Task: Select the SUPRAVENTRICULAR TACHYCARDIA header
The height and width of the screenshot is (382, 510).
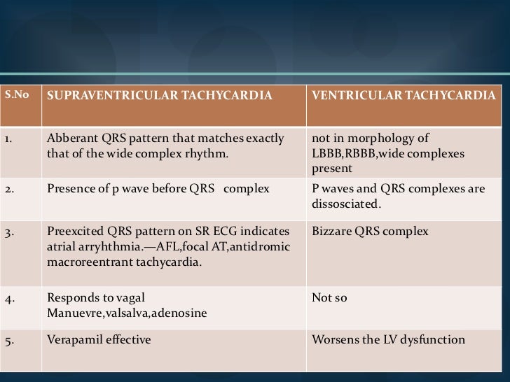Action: pyautogui.click(x=158, y=94)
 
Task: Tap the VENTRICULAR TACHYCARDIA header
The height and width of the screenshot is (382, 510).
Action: pyautogui.click(x=408, y=94)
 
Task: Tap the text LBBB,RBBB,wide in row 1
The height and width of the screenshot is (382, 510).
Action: pyautogui.click(x=350, y=152)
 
